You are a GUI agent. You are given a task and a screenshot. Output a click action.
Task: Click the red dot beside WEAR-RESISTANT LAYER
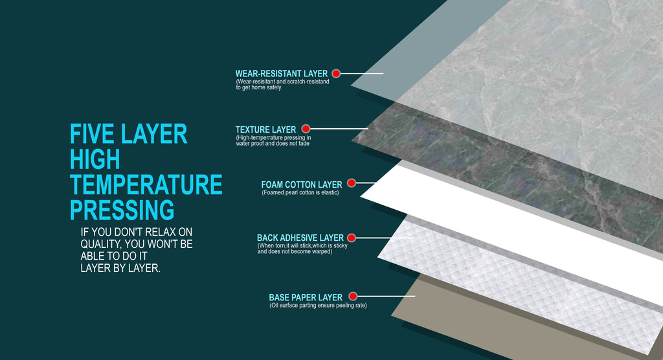[x=336, y=74]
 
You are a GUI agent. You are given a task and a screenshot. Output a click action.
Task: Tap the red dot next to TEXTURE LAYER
[x=306, y=129]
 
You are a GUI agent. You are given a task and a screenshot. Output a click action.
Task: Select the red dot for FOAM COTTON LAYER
[x=352, y=183]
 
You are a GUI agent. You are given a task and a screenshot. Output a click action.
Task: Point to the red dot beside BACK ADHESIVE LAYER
[x=352, y=238]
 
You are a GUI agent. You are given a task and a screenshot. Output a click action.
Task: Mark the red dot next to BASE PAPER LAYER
[x=353, y=296]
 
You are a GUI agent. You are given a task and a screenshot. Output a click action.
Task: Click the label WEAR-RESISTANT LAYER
[x=282, y=74]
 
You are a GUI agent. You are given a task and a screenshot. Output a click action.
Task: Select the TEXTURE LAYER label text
[x=265, y=129]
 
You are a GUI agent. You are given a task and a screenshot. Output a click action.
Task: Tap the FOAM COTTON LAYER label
[x=302, y=185]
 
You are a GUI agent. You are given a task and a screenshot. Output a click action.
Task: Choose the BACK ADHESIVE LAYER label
[x=300, y=238]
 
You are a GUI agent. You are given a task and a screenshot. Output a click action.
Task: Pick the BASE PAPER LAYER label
[x=306, y=297]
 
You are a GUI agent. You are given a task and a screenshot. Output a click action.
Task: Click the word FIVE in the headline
[x=92, y=134]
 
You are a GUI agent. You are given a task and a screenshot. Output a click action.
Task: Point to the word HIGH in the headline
[x=95, y=159]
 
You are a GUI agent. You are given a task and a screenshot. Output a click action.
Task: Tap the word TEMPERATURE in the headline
[x=146, y=185]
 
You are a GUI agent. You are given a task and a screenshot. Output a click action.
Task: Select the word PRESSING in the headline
[x=122, y=210]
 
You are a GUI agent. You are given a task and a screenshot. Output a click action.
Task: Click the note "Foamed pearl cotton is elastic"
[x=300, y=192]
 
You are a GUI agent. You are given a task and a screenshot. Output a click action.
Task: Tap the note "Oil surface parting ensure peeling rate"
[x=318, y=306]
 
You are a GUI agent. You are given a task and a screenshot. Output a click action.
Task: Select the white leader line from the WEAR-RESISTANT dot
[x=362, y=74]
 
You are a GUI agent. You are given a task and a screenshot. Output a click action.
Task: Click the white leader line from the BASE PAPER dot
[x=386, y=296]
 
